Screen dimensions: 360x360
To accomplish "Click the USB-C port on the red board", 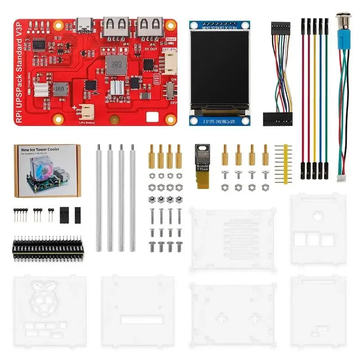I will pos(84,25).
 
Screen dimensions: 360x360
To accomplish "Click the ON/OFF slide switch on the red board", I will pos(171,90).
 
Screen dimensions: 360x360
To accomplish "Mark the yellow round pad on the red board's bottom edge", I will pos(115,120).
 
